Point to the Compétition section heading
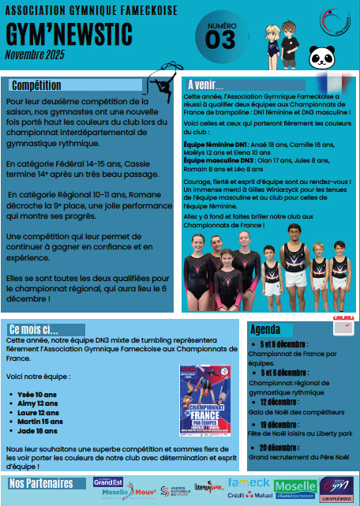[37, 84]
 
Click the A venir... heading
[205, 84]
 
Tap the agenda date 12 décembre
[287, 401]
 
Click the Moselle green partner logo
[295, 486]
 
